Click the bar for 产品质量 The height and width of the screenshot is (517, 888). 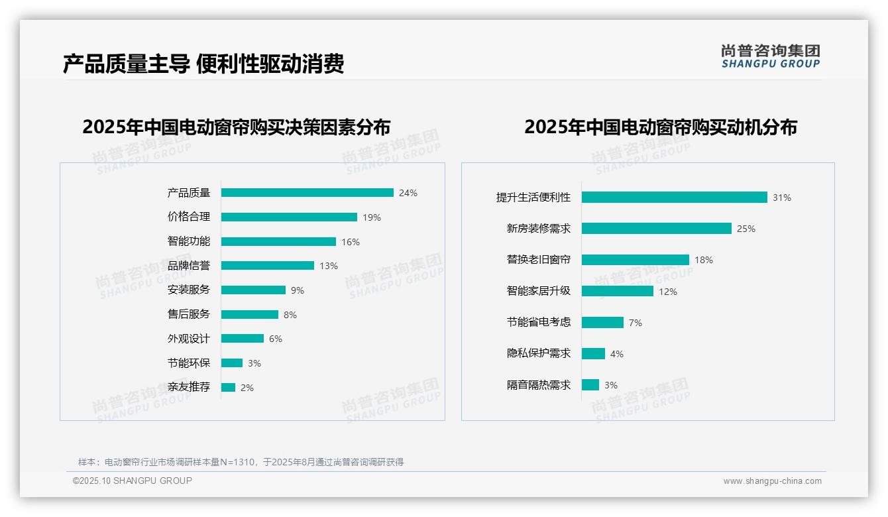pyautogui.click(x=307, y=193)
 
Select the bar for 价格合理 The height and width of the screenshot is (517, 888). pyautogui.click(x=289, y=217)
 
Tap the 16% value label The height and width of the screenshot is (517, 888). pyautogui.click(x=351, y=242)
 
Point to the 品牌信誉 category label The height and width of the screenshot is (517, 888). pyautogui.click(x=188, y=266)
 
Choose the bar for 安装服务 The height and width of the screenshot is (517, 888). pyautogui.click(x=253, y=290)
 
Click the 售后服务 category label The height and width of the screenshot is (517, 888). pyautogui.click(x=188, y=314)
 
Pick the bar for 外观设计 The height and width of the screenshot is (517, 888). pyautogui.click(x=243, y=339)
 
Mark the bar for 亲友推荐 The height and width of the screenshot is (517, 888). pyautogui.click(x=228, y=388)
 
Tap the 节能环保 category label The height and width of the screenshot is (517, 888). pyautogui.click(x=188, y=363)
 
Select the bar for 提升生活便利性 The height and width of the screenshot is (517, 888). pyautogui.click(x=674, y=198)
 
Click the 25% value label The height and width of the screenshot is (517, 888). pyautogui.click(x=746, y=229)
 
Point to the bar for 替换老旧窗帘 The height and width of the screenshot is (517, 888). pyautogui.click(x=635, y=260)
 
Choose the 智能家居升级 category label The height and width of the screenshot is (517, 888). pyautogui.click(x=538, y=291)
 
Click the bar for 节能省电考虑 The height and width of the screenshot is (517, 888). pyautogui.click(x=602, y=323)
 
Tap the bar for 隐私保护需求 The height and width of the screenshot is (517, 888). pyautogui.click(x=593, y=354)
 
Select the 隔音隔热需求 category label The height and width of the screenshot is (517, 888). pyautogui.click(x=538, y=385)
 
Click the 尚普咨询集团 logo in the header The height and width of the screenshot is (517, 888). pyautogui.click(x=771, y=56)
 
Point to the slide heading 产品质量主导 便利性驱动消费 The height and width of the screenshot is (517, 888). pyautogui.click(x=203, y=64)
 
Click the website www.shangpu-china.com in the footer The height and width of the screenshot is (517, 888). pyautogui.click(x=772, y=481)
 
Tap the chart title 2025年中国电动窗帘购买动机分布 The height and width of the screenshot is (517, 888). pyautogui.click(x=660, y=127)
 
